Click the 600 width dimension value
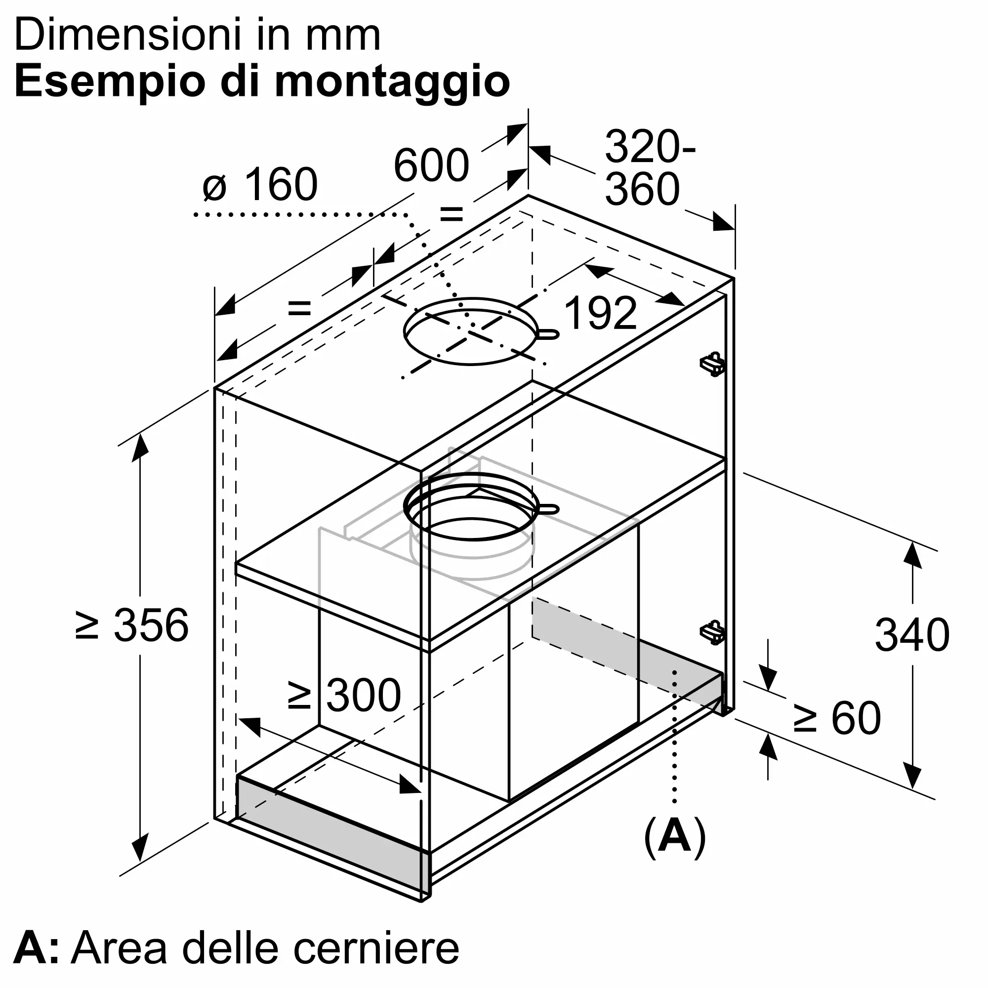pyautogui.click(x=431, y=165)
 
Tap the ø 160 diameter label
pyautogui.click(x=260, y=185)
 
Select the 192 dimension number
pyautogui.click(x=601, y=313)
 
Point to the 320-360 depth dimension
pyautogui.click(x=649, y=168)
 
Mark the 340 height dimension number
pyautogui.click(x=912, y=635)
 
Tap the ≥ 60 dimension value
pyautogui.click(x=837, y=718)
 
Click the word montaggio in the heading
pyautogui.click(x=392, y=82)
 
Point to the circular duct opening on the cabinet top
pyautogui.click(x=470, y=331)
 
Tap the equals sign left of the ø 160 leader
pyautogui.click(x=300, y=308)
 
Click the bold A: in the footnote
pyautogui.click(x=36, y=949)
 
